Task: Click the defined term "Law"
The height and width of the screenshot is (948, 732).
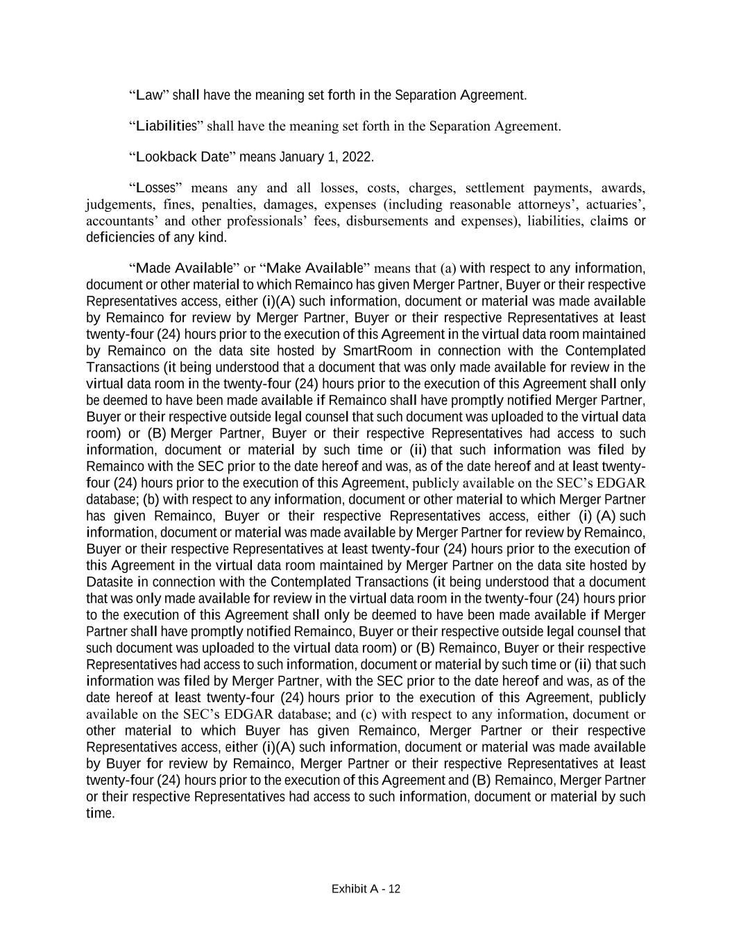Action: pos(148,94)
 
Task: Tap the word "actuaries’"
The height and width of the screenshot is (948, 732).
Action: pos(616,204)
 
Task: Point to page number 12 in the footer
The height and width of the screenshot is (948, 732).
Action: pos(394,889)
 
